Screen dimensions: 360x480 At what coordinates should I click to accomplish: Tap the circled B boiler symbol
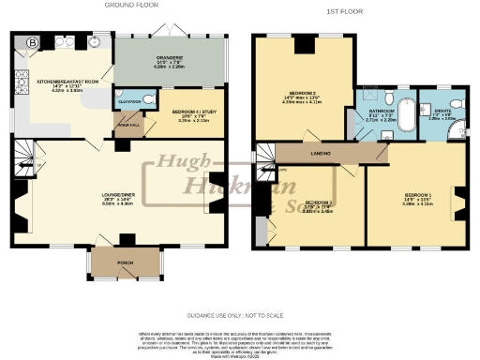33,43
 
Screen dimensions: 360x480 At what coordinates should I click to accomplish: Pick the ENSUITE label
442,112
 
